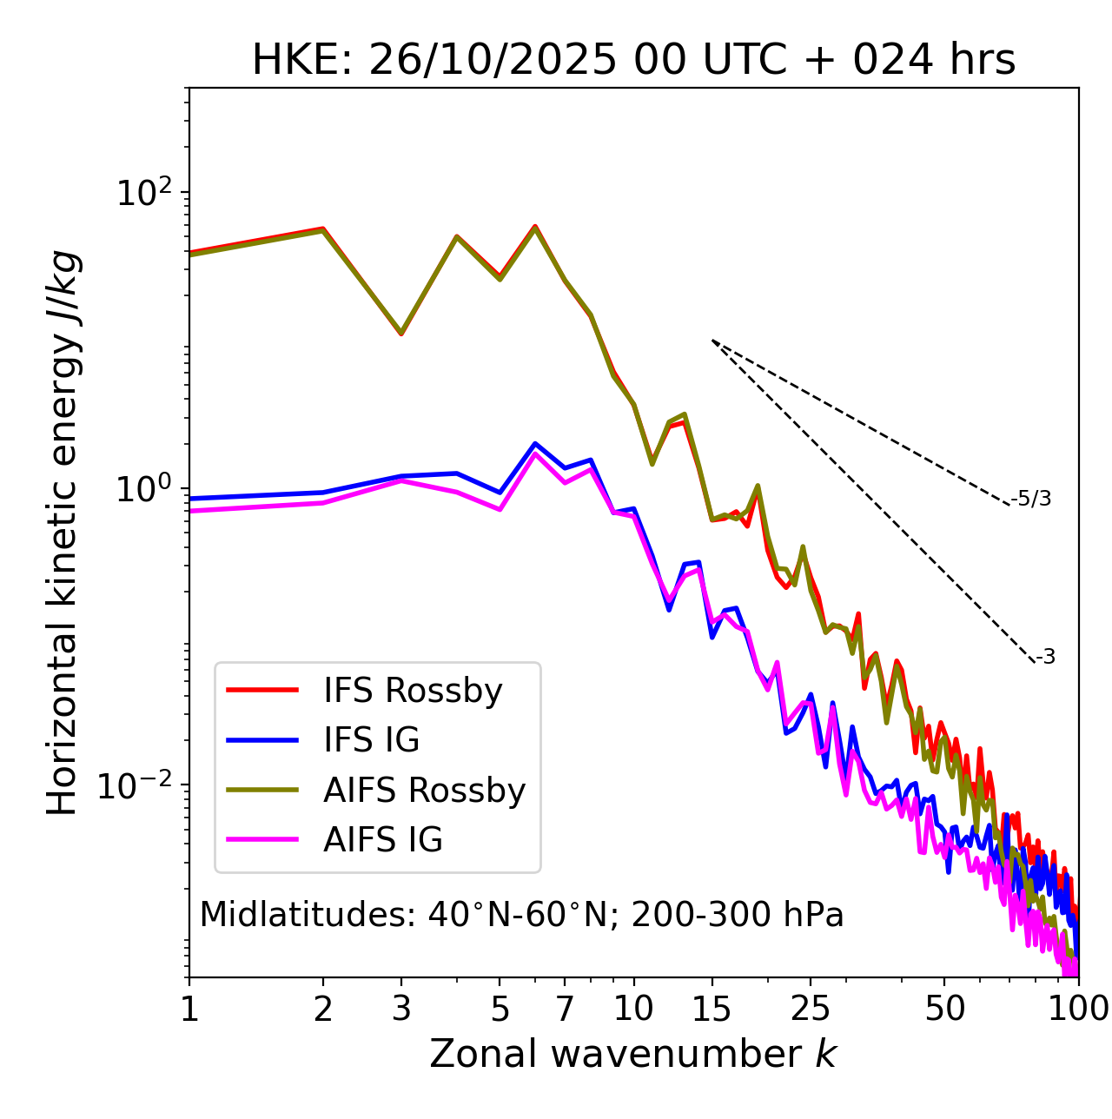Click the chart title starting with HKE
(x=633, y=61)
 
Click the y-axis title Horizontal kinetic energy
(x=63, y=533)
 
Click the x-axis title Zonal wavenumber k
(x=632, y=1053)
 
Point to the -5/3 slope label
(x=1031, y=499)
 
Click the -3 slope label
(x=1045, y=658)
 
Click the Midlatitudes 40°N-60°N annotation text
(x=521, y=915)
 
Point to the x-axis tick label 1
(x=189, y=1009)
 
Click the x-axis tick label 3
(x=401, y=1009)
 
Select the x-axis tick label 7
(x=565, y=1009)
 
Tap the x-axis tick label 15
(x=712, y=1009)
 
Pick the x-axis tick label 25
(x=811, y=1009)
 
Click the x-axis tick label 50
(x=944, y=1009)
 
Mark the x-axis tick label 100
(x=1078, y=1009)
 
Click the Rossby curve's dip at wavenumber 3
(x=401, y=334)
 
